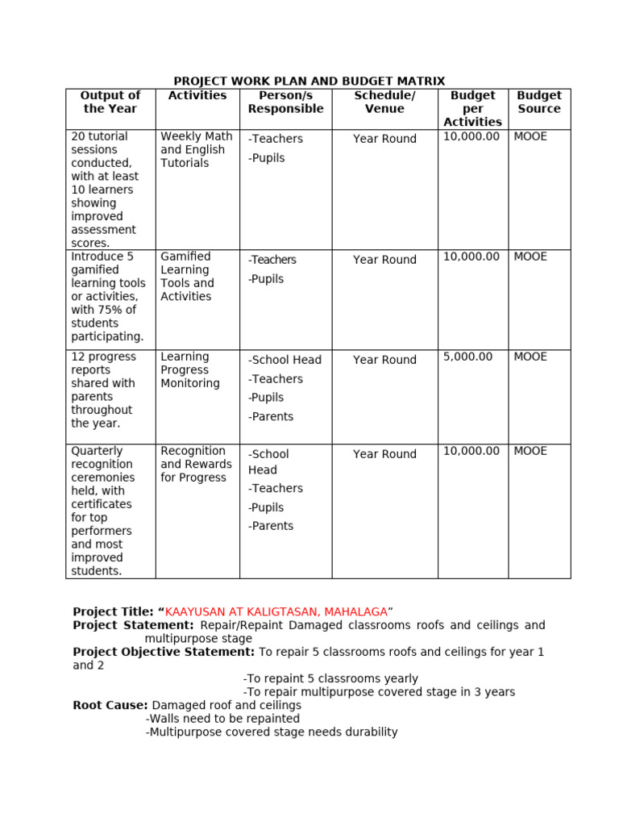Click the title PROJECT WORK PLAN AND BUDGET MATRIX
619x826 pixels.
coord(309,81)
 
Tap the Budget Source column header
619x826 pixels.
coord(539,102)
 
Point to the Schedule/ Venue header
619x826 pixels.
coord(384,102)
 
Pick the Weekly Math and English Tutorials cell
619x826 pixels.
coord(196,150)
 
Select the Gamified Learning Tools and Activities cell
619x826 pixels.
coord(187,277)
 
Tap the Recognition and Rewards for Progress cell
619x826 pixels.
coord(196,465)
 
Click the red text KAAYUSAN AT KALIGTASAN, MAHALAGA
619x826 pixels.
coord(276,612)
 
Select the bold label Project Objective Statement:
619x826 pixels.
coord(164,652)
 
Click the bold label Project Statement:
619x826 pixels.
coord(133,625)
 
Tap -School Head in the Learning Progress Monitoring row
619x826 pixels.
coord(285,360)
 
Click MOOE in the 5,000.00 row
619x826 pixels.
coord(530,357)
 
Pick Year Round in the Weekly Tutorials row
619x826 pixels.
coord(384,139)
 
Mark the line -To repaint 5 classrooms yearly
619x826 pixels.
coord(330,679)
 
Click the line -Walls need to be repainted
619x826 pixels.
coord(222,719)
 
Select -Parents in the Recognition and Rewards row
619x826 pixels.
coord(271,526)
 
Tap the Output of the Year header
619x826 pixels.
coord(110,102)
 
